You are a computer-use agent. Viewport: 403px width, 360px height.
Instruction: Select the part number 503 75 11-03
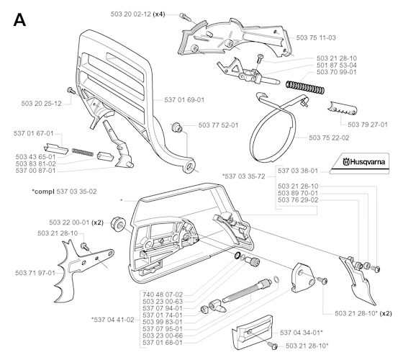tap(316, 37)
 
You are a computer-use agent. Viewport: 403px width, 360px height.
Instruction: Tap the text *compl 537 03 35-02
tap(64, 192)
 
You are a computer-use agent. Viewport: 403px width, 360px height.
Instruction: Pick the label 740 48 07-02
tap(163, 294)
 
